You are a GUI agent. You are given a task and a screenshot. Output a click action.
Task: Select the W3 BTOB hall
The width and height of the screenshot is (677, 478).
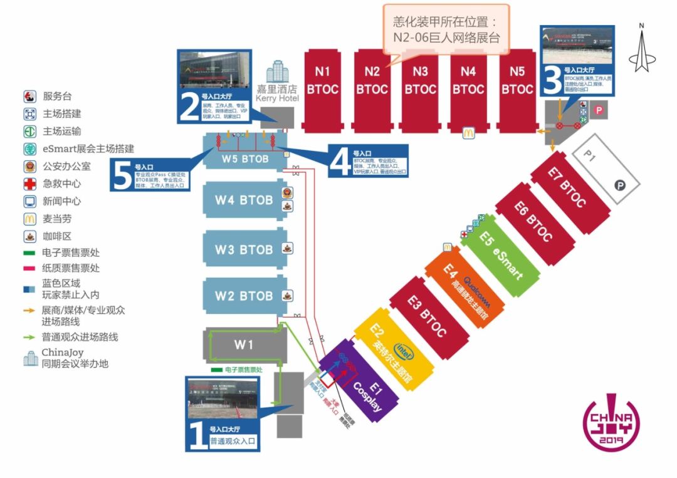tap(243, 250)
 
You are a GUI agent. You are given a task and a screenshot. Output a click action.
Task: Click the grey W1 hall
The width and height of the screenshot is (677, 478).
tap(244, 345)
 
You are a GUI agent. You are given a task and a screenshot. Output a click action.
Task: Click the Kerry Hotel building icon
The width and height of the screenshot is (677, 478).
tap(277, 72)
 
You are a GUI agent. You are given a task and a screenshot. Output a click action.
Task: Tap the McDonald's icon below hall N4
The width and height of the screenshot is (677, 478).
tap(467, 132)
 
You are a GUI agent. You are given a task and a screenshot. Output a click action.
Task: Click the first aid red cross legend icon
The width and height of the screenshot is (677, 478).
tap(29, 184)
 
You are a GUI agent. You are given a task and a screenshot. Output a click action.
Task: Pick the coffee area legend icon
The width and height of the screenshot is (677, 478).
tap(29, 236)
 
